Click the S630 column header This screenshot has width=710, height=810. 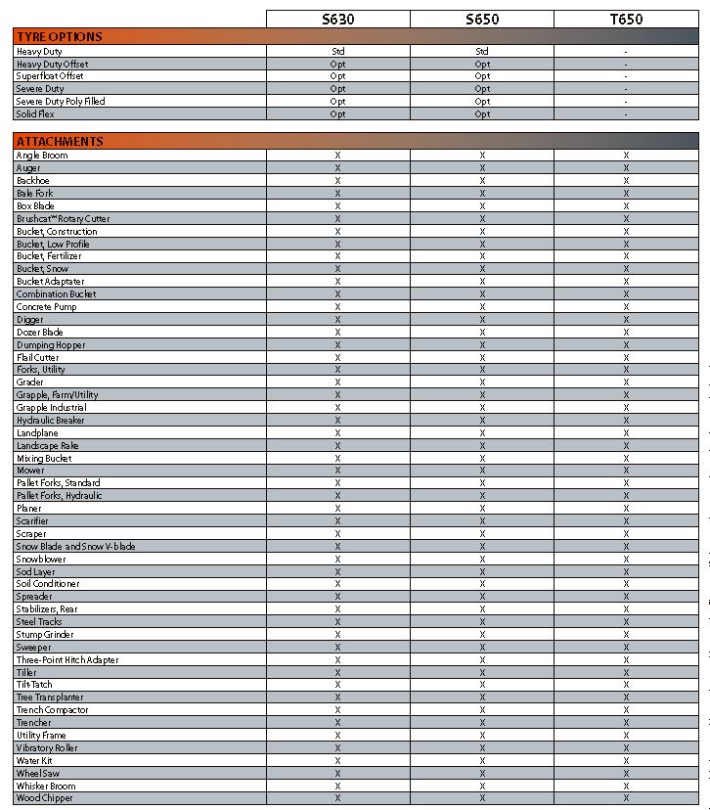(337, 19)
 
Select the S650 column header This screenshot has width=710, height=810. (482, 19)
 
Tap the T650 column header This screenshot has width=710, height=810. (626, 19)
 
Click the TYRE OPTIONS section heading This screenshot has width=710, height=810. (60, 36)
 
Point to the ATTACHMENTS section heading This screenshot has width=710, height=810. (60, 142)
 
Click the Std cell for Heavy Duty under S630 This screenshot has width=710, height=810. (337, 51)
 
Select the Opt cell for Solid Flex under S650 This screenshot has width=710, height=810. (482, 114)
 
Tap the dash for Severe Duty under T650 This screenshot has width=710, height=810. (626, 89)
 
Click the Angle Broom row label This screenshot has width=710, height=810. (42, 156)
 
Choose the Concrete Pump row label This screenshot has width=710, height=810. (46, 307)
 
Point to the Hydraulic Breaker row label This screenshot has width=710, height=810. (50, 421)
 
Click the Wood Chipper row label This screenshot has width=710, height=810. (44, 798)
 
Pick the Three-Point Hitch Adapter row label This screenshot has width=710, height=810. (67, 660)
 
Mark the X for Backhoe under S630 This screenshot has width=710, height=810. (337, 181)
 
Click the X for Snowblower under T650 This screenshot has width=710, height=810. (626, 560)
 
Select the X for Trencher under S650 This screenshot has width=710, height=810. (482, 723)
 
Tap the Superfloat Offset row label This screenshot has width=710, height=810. (50, 76)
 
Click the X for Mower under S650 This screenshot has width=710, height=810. (482, 471)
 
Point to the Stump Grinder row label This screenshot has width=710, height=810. (45, 635)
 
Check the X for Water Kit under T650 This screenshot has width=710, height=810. (626, 761)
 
